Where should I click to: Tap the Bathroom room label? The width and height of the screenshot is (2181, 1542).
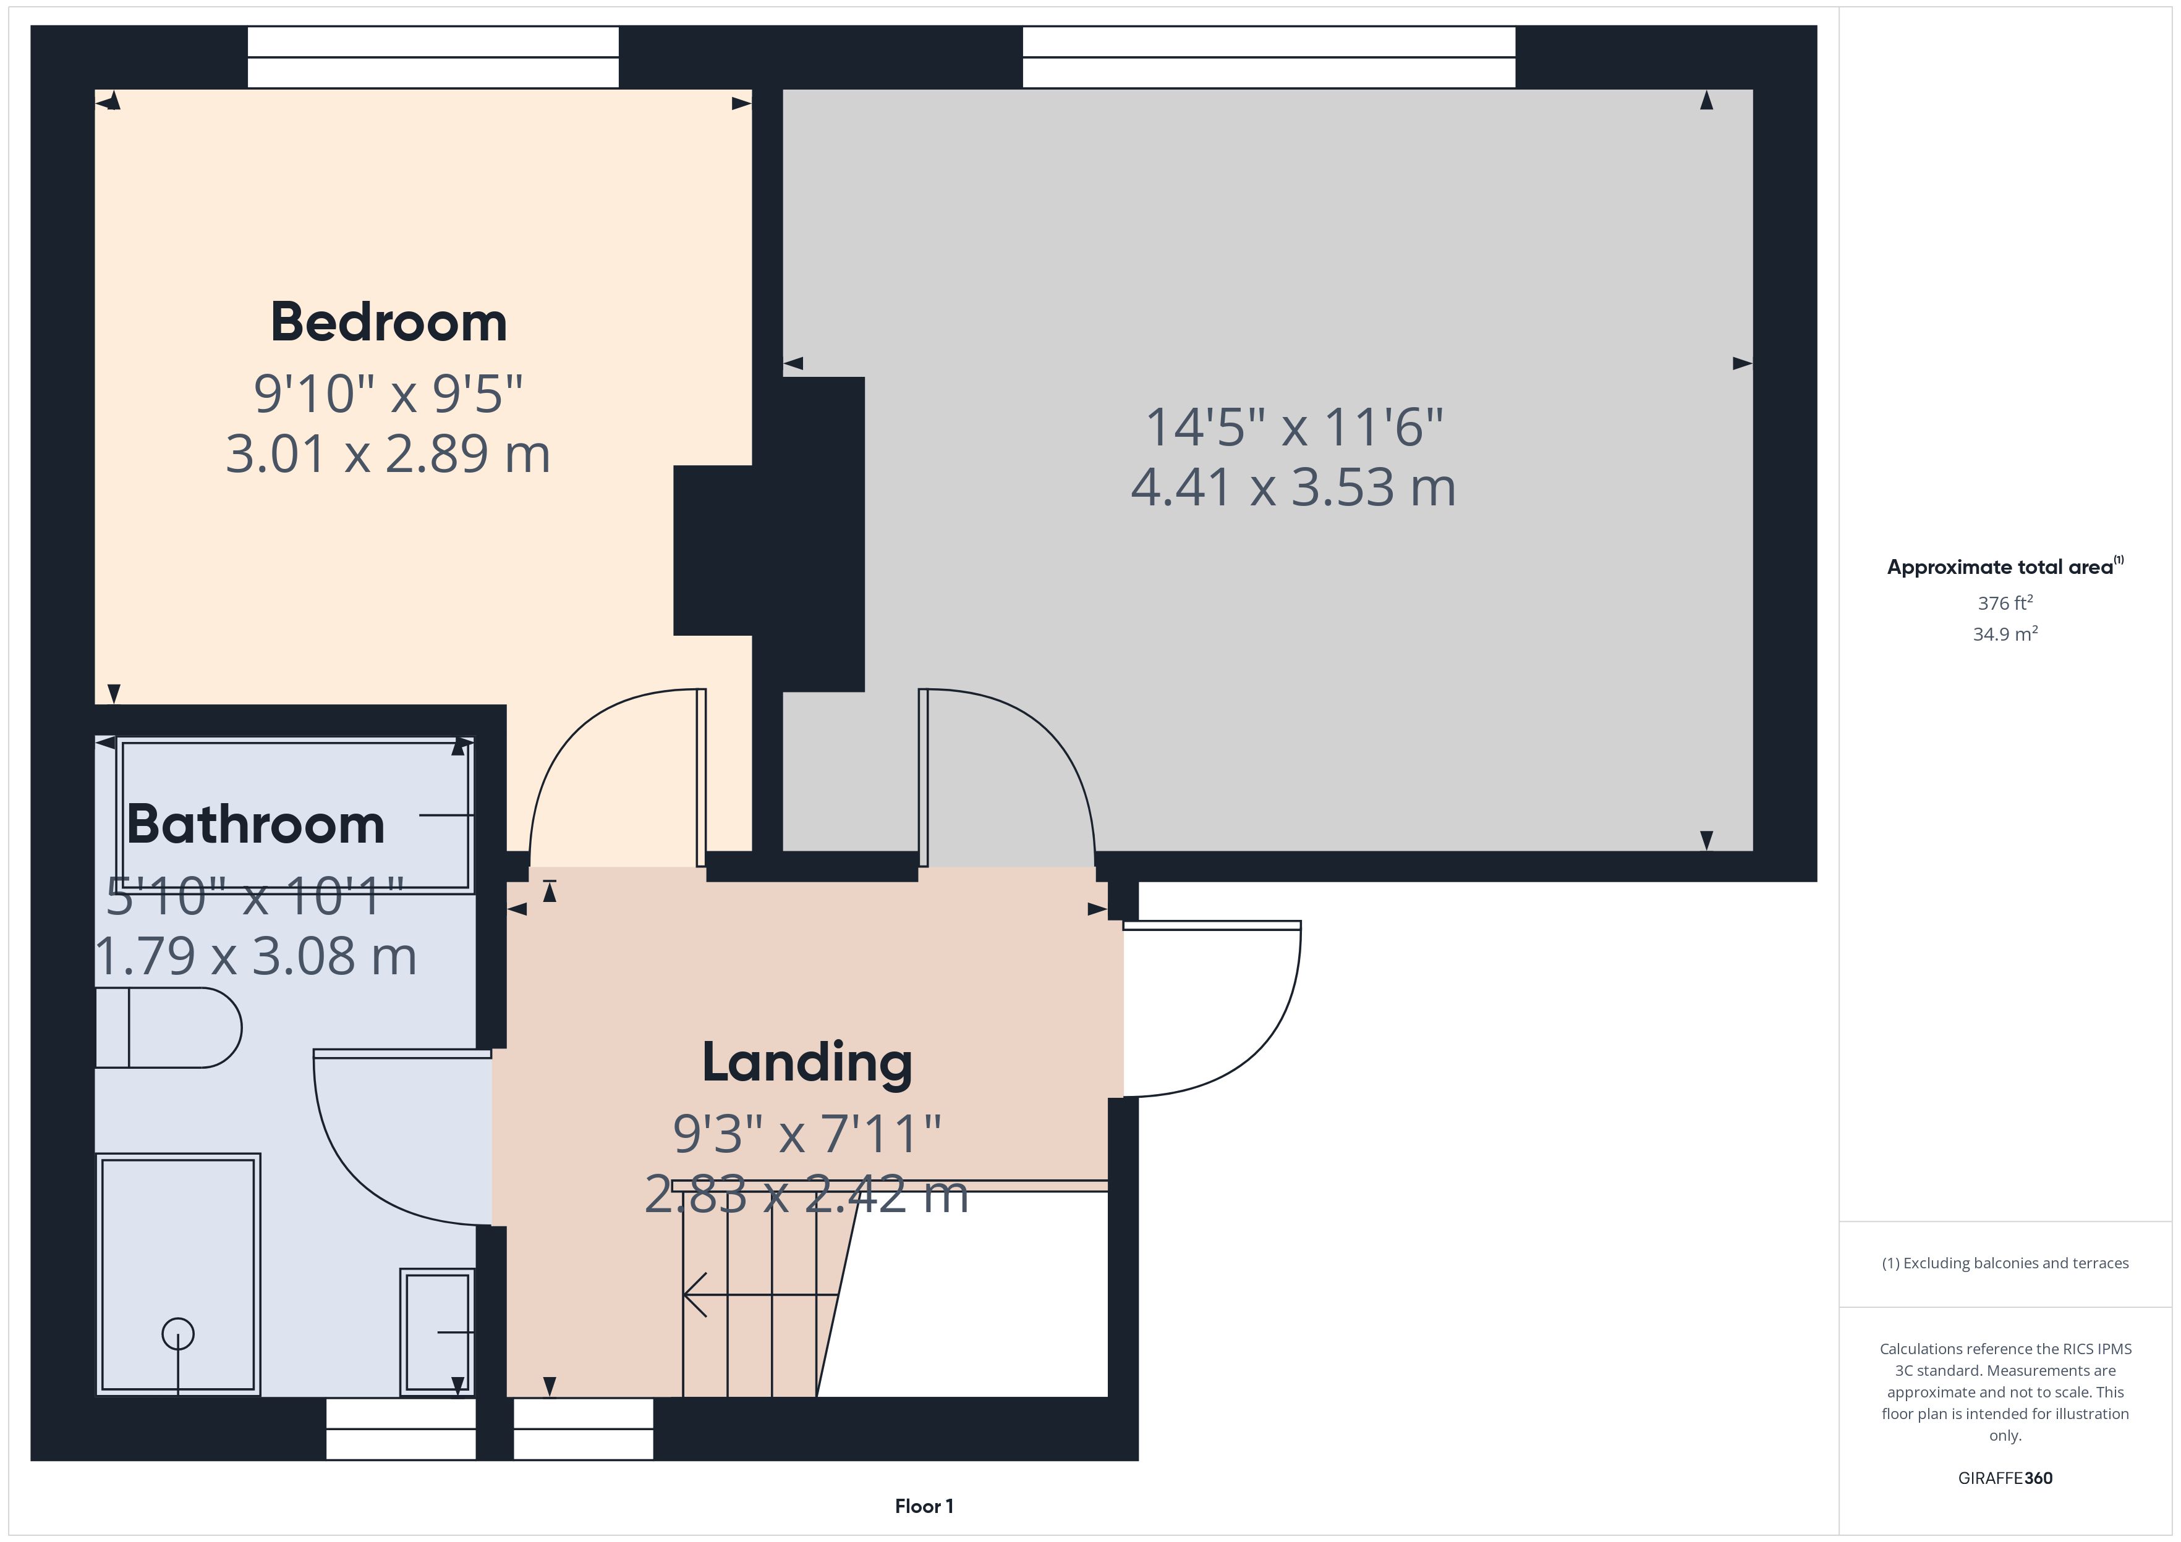tap(255, 824)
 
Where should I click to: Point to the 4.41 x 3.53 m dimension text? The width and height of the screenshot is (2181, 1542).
tap(1293, 487)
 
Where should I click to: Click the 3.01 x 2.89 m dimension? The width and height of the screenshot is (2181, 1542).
tap(388, 454)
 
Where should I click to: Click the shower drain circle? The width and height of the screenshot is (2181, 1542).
tap(177, 1334)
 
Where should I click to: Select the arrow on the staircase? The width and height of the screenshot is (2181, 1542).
tap(760, 1294)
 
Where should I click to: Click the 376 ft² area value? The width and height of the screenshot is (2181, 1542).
tap(2005, 603)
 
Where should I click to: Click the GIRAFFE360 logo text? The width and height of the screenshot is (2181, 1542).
tap(2005, 1478)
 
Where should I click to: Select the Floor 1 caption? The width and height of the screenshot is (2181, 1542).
tap(924, 1506)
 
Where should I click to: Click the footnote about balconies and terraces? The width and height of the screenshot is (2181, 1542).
tap(2005, 1263)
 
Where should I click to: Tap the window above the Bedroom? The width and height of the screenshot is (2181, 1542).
tap(433, 57)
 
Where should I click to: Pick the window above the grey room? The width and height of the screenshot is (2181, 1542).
tap(1269, 57)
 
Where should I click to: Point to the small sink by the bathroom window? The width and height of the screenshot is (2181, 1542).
tap(437, 1331)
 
